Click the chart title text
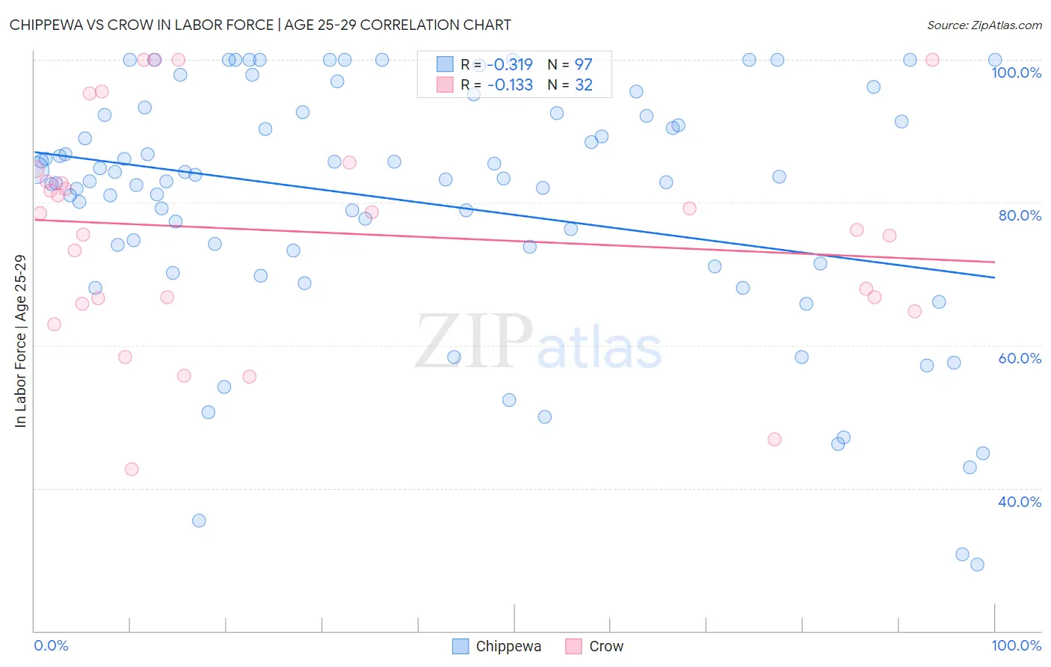[260, 25]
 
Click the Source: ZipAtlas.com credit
[984, 25]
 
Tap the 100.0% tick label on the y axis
[1016, 73]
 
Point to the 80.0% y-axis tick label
[1020, 215]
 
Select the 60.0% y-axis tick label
[1020, 358]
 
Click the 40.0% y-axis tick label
[1020, 502]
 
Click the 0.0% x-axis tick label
[51, 645]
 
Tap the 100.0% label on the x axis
[1016, 645]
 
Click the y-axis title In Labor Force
[20, 341]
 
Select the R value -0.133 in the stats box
[510, 85]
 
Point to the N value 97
[583, 64]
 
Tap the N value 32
[583, 85]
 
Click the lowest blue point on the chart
[977, 565]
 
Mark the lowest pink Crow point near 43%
[132, 469]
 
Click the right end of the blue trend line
[994, 277]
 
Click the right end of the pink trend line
[994, 262]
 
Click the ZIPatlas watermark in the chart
[538, 342]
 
